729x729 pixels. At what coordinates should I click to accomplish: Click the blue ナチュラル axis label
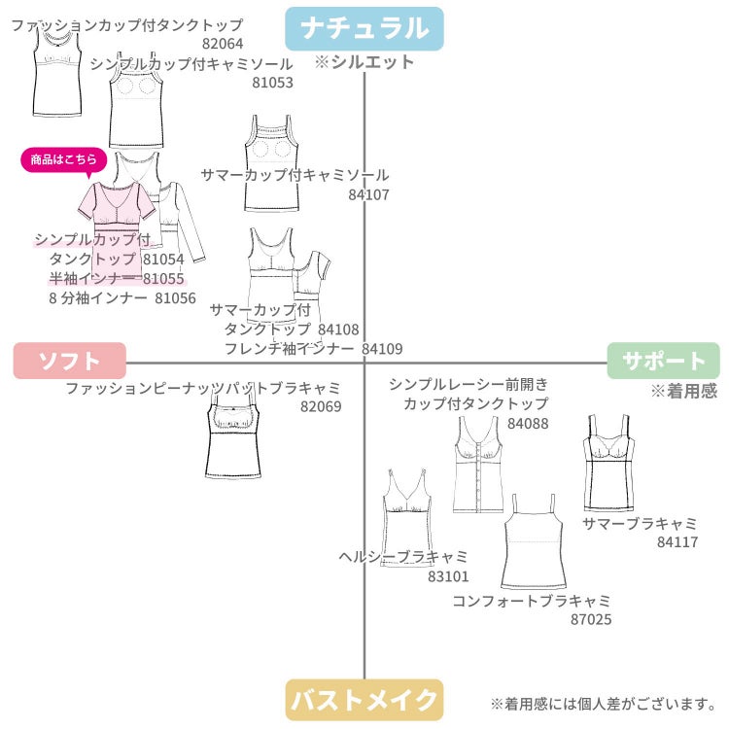[364, 28]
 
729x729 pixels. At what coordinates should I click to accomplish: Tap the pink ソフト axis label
[70, 361]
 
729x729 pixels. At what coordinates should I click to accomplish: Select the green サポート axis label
[664, 361]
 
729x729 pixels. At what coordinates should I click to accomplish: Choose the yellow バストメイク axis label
[364, 700]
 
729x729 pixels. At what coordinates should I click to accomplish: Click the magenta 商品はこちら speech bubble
[64, 160]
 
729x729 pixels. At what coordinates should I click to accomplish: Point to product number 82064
[223, 44]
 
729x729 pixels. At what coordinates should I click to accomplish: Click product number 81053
[272, 83]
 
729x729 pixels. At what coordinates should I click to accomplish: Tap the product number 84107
[368, 194]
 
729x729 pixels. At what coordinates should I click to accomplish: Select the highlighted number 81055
[163, 279]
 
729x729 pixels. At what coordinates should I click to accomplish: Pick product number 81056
[175, 298]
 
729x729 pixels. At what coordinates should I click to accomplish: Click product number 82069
[321, 407]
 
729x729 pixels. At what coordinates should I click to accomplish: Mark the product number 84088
[528, 424]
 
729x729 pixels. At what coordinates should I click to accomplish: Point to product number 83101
[448, 576]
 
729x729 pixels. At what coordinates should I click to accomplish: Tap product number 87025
[591, 619]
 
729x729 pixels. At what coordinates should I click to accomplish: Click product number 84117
[677, 542]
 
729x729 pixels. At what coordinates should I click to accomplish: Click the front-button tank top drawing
[478, 465]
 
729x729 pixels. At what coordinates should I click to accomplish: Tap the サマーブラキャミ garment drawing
[608, 463]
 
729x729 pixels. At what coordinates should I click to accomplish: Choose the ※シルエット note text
[364, 62]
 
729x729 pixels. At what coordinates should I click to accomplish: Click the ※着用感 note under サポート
[684, 391]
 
